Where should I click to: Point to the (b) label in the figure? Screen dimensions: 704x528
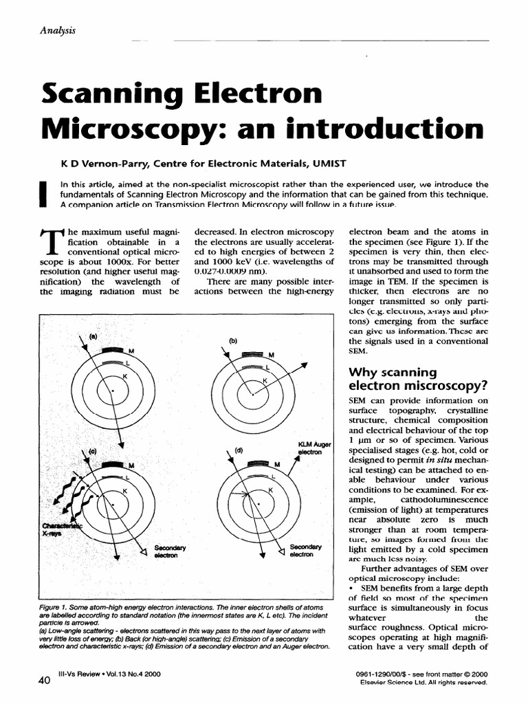[x=233, y=340]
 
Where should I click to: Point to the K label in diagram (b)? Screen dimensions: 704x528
[x=265, y=380]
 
